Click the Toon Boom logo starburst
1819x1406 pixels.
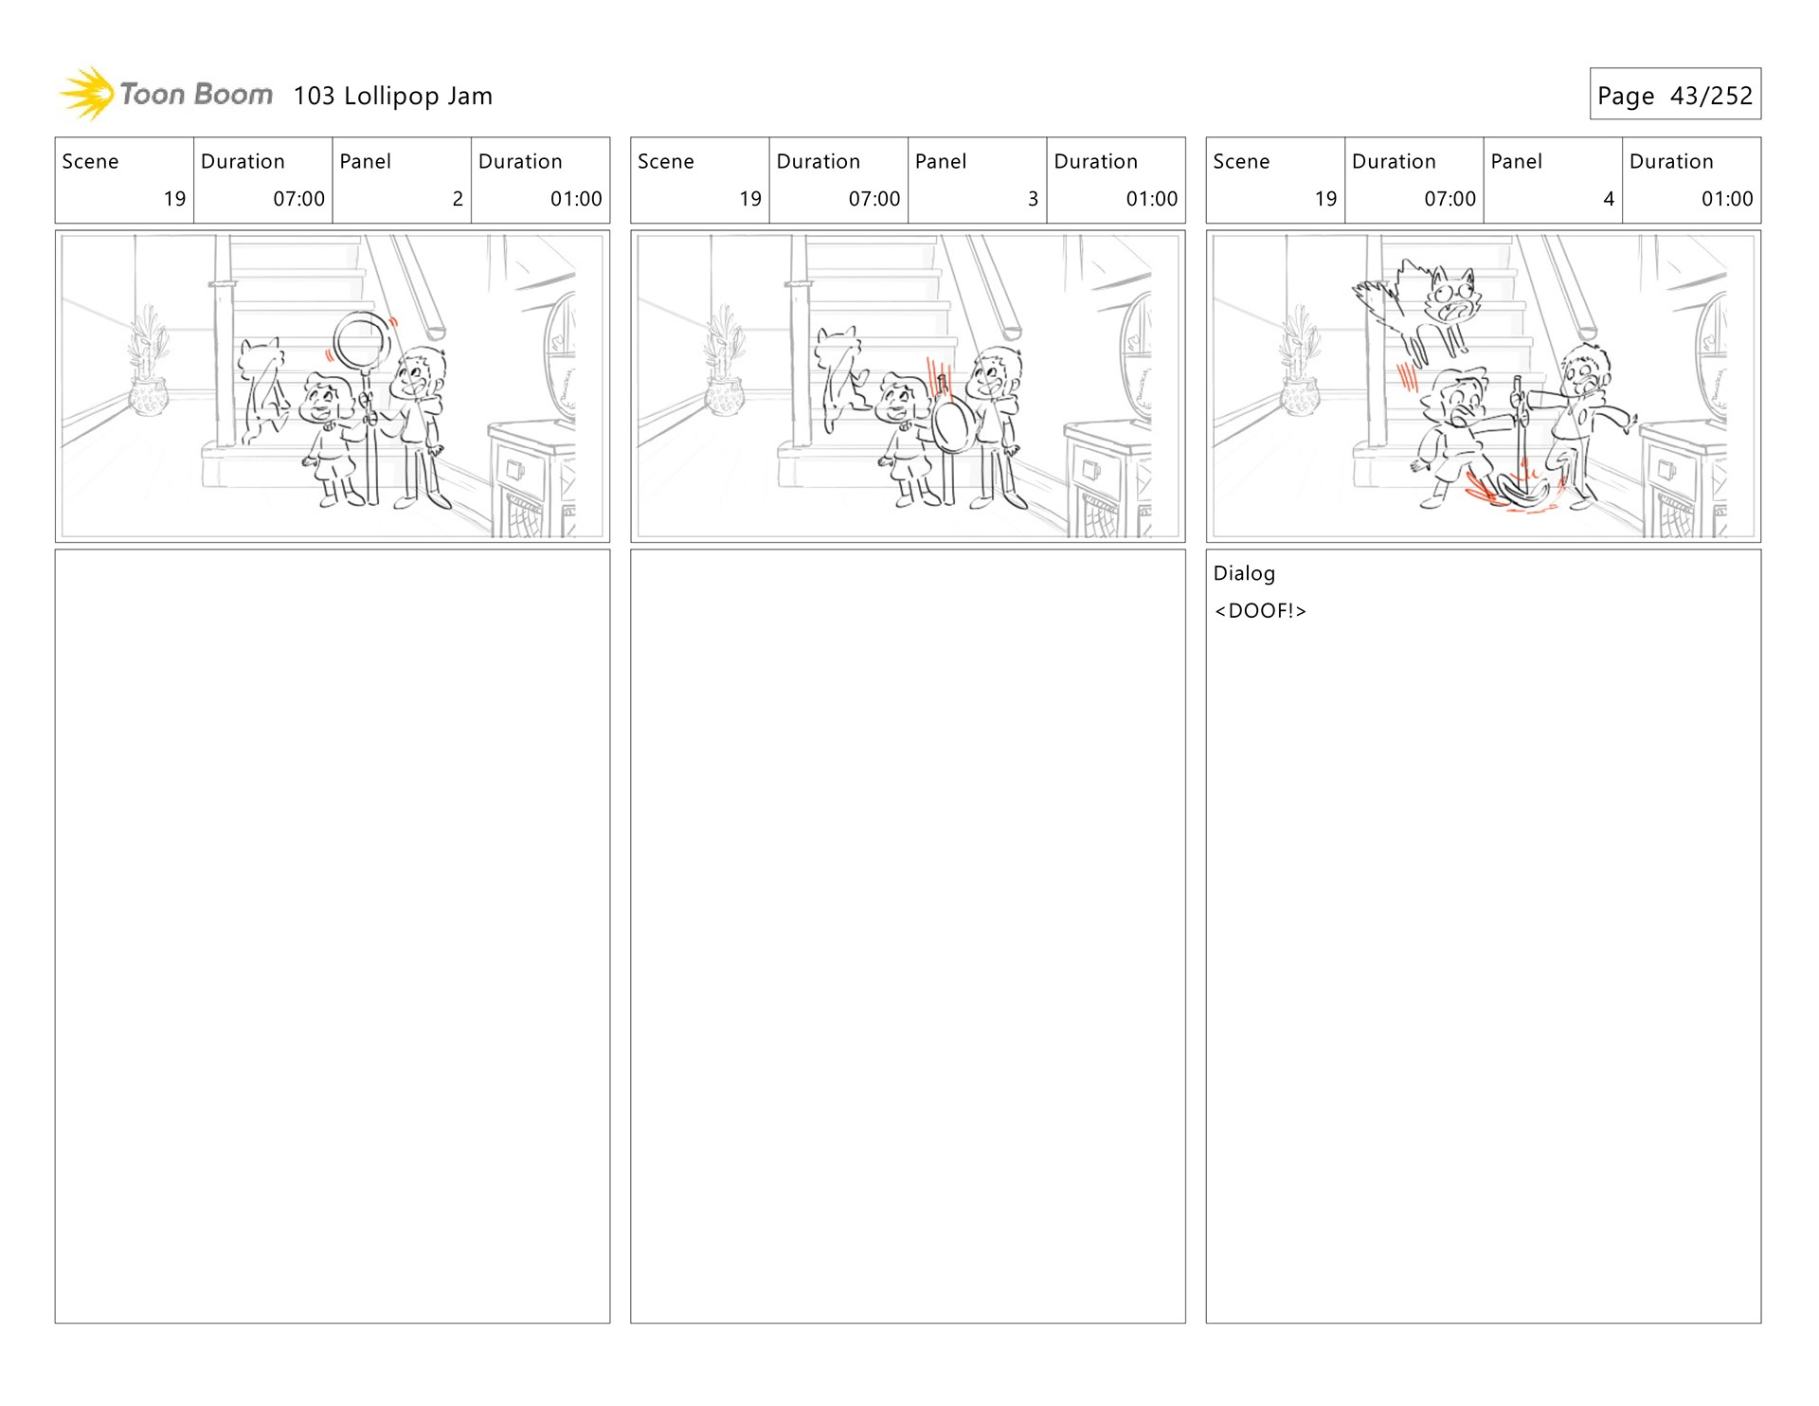tap(87, 94)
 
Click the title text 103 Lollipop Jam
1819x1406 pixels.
tap(392, 96)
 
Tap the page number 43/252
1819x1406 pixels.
tap(1711, 96)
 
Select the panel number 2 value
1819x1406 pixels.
tap(458, 199)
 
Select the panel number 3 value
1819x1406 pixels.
tap(1033, 199)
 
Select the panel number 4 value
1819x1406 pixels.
tap(1609, 199)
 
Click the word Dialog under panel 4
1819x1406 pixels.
tap(1244, 573)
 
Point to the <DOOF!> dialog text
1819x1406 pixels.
tap(1260, 611)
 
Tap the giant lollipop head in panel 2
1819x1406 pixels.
tap(362, 340)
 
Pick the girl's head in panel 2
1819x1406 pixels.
tap(328, 399)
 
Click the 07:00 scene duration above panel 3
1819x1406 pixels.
tap(873, 199)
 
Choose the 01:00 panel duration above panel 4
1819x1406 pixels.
tap(1727, 199)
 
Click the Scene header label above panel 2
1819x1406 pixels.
tap(90, 162)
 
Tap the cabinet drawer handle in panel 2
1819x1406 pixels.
tap(515, 469)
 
